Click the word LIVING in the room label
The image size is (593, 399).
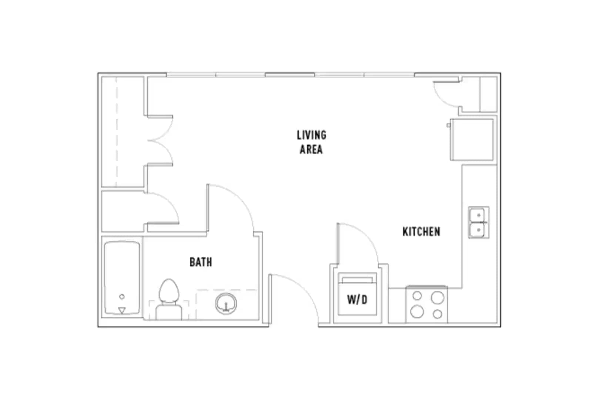[311, 135]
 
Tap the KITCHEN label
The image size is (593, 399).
[421, 232]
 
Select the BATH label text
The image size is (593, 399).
[201, 262]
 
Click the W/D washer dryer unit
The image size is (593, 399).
[357, 294]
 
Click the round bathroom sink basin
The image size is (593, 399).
[226, 303]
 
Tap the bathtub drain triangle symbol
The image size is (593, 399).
[121, 310]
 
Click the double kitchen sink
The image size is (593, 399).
[479, 222]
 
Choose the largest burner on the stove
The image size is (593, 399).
[437, 298]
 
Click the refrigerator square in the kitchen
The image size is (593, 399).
[472, 140]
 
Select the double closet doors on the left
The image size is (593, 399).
[161, 140]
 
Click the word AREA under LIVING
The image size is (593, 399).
[311, 149]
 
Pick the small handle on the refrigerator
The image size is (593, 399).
[448, 125]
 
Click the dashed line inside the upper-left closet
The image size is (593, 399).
[116, 132]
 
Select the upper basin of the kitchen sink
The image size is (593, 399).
[478, 215]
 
